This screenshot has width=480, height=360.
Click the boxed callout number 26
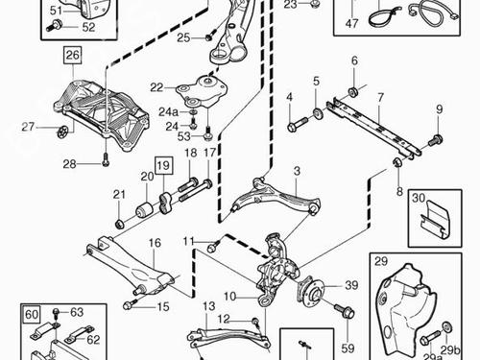coord(73,55)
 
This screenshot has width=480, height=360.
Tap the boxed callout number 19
coord(164,165)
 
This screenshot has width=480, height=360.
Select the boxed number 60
coord(32,315)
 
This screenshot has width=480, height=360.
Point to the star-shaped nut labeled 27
coord(63,132)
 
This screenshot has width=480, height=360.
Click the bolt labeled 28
coord(106,159)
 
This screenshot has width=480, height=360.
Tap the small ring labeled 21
coord(119,224)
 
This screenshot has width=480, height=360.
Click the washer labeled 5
coord(318,113)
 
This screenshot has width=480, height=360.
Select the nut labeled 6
coord(353,91)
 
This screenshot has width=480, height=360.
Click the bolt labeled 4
coord(298,125)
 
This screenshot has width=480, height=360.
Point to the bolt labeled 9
coord(436,140)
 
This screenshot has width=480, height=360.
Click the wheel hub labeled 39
coord(312,291)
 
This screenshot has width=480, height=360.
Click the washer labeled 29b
coord(447,327)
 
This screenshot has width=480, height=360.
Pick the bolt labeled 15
coord(131,304)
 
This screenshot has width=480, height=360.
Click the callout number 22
coord(156,87)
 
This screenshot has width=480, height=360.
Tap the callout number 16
coord(155,243)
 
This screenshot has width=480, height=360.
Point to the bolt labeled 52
coord(56,25)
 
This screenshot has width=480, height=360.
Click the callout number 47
coord(352,23)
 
